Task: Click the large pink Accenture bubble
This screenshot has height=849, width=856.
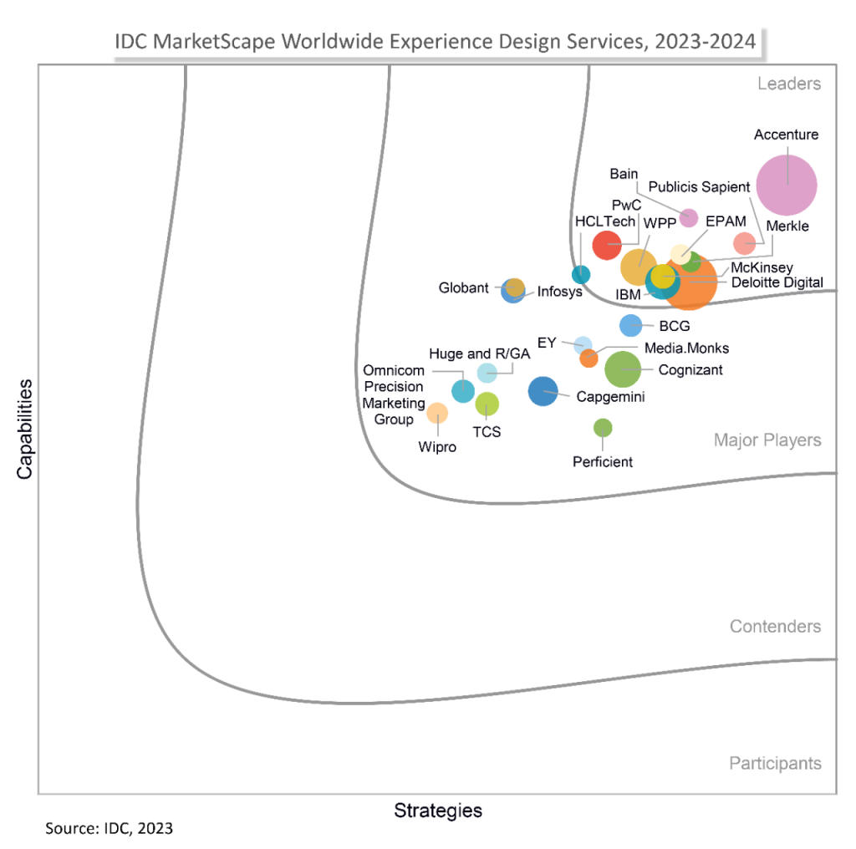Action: click(786, 186)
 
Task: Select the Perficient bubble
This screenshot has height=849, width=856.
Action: click(603, 428)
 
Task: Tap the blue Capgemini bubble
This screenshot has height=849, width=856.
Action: click(543, 391)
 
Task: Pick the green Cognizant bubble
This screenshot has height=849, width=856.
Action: click(622, 369)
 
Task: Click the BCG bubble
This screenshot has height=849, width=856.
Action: click(630, 326)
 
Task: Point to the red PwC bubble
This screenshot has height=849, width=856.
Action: click(606, 245)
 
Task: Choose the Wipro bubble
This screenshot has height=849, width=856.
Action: click(437, 413)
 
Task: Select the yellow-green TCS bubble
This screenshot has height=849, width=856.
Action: click(487, 404)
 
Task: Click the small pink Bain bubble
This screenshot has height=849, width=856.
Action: click(688, 218)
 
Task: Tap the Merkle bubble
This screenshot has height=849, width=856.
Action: click(744, 243)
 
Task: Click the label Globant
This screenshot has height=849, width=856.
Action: click(464, 288)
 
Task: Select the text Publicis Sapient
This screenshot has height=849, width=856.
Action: click(700, 186)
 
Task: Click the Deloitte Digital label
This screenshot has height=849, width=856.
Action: click(777, 282)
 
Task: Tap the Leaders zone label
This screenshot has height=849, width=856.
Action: click(789, 84)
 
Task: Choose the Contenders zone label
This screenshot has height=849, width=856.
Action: click(775, 627)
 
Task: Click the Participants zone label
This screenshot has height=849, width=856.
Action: click(775, 763)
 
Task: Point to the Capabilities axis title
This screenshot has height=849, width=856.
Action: click(24, 429)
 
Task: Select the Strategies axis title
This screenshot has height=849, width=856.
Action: click(438, 811)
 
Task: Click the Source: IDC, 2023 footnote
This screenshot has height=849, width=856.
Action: click(109, 829)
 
